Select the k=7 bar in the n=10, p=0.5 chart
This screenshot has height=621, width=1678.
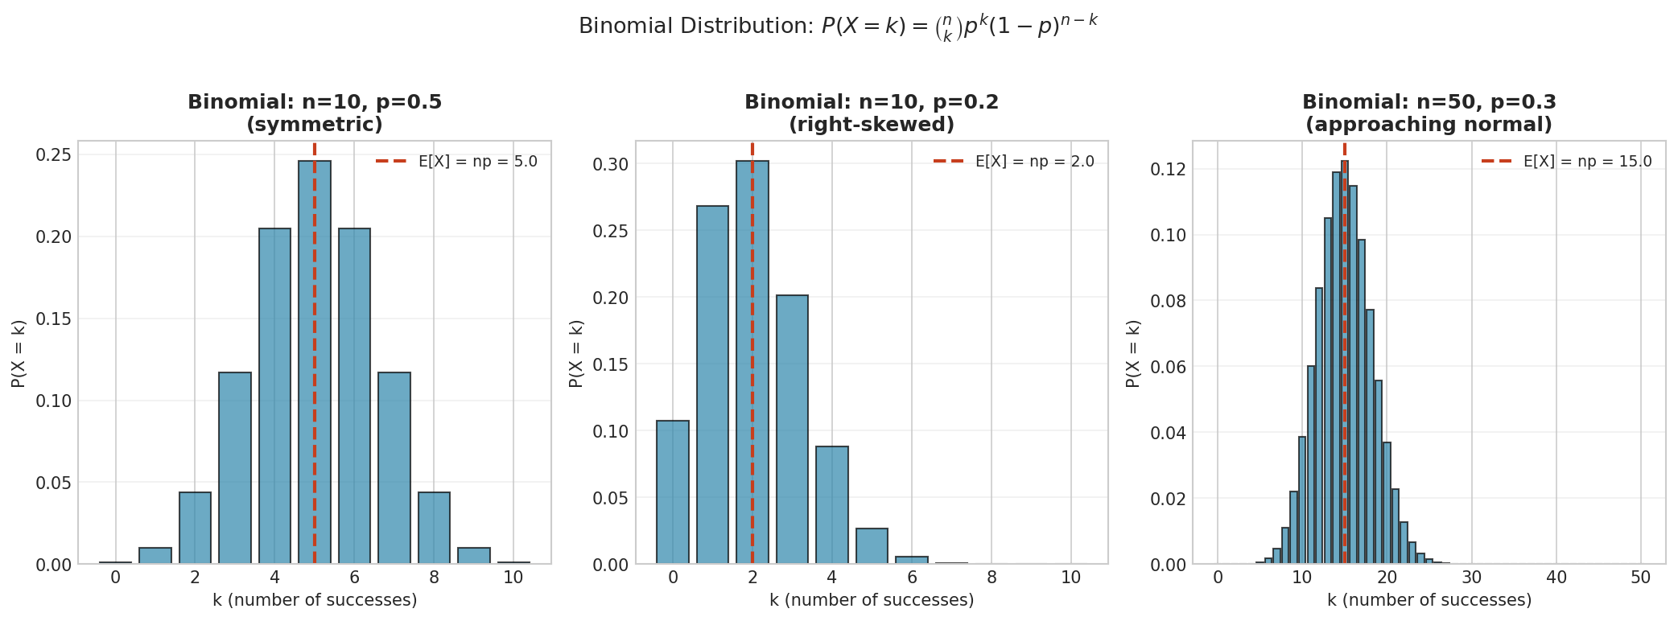point(394,467)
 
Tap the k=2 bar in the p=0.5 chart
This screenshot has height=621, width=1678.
point(195,528)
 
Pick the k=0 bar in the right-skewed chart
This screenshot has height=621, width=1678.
point(672,491)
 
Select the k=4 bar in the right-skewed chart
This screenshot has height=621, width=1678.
point(831,504)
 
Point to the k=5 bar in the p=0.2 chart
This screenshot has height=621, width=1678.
point(872,546)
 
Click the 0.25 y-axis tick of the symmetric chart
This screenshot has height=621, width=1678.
point(55,154)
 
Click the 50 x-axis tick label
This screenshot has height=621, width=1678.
point(1641,578)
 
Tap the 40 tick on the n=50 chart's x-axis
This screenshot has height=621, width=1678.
point(1556,578)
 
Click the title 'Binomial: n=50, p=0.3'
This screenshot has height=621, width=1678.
point(1429,102)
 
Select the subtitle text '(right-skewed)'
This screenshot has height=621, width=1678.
point(872,125)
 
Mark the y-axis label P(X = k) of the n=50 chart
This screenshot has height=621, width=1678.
point(1133,354)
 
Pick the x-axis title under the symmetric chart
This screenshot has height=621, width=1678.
point(315,600)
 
